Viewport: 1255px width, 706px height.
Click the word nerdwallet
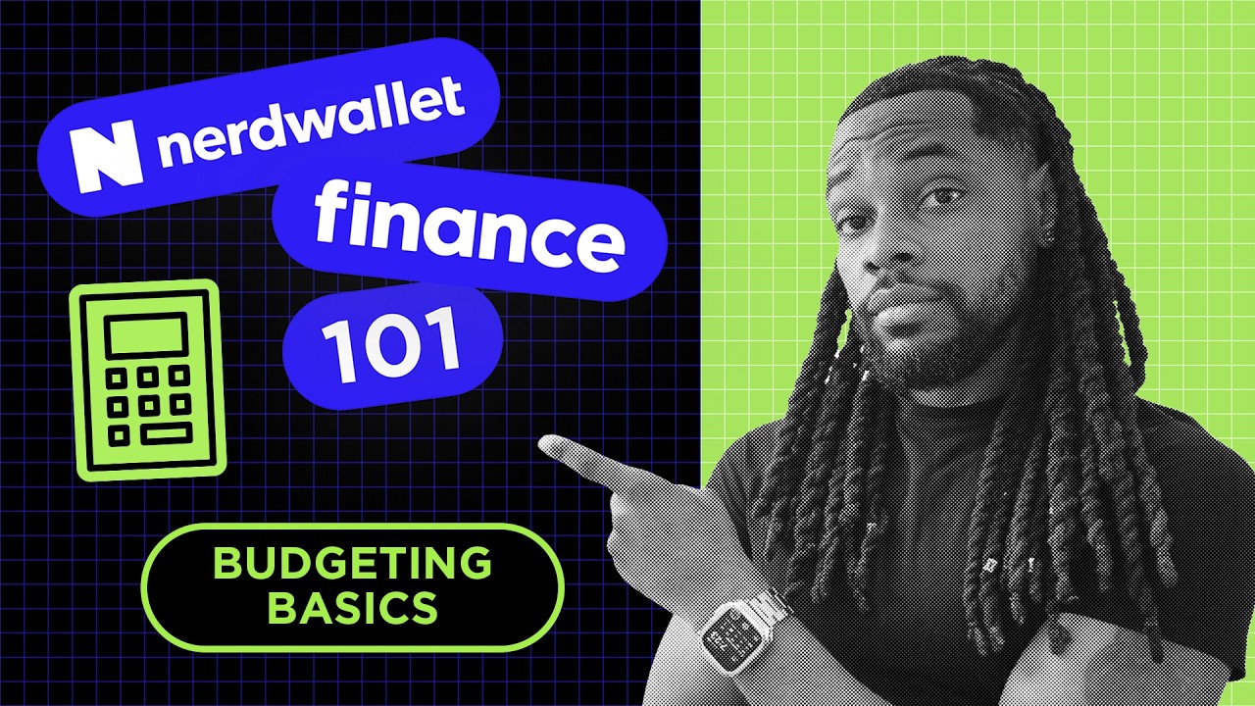tap(310, 123)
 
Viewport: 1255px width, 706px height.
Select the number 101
tap(391, 346)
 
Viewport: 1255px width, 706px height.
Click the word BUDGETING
tap(352, 564)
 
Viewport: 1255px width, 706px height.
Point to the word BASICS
tap(352, 608)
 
